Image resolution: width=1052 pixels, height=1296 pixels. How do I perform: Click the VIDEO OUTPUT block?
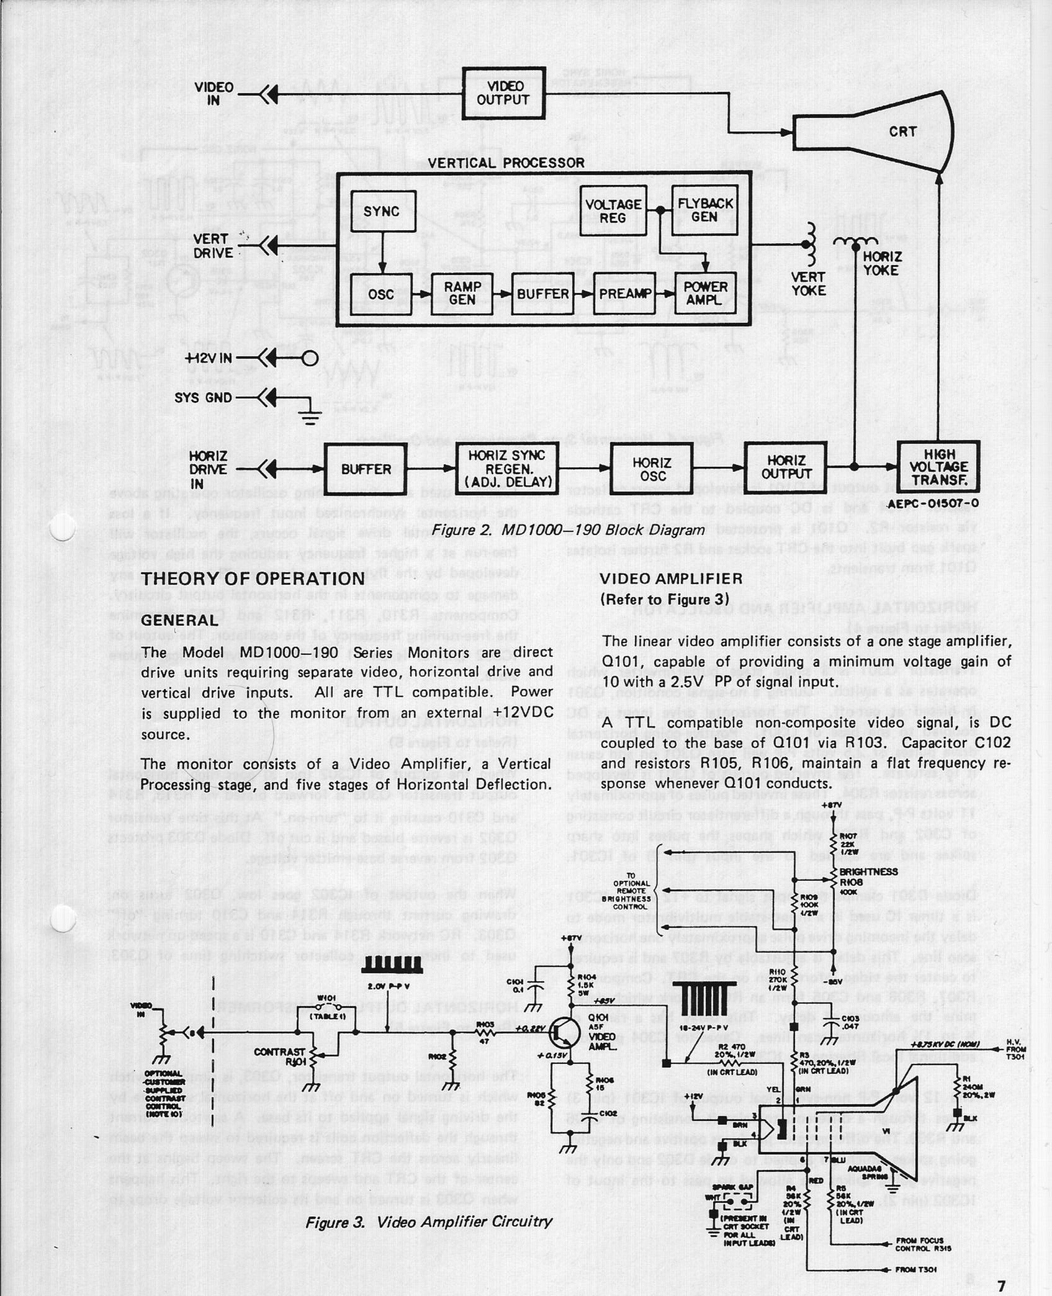pyautogui.click(x=503, y=93)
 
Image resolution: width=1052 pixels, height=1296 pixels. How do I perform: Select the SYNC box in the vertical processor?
pyautogui.click(x=382, y=212)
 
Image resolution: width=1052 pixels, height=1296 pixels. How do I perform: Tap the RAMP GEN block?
pyautogui.click(x=462, y=294)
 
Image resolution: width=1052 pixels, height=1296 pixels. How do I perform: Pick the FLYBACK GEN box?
pyautogui.click(x=704, y=210)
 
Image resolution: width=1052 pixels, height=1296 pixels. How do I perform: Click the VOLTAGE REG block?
pyautogui.click(x=613, y=211)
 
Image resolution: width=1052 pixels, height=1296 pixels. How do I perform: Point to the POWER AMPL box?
pyautogui.click(x=705, y=294)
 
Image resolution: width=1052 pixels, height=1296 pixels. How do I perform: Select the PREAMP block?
pyautogui.click(x=624, y=294)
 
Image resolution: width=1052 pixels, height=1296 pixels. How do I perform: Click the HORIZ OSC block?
pyautogui.click(x=652, y=469)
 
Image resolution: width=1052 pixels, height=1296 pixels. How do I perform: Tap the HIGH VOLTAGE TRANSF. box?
pyautogui.click(x=938, y=467)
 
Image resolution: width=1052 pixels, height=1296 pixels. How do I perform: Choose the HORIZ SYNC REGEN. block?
pyautogui.click(x=507, y=469)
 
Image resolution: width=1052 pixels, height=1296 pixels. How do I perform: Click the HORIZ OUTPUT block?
pyautogui.click(x=786, y=467)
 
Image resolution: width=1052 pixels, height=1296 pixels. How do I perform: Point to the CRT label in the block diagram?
pyautogui.click(x=902, y=132)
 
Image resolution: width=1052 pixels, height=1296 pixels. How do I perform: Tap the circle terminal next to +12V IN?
pyautogui.click(x=309, y=358)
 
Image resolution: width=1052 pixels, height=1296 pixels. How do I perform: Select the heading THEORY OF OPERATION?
pyautogui.click(x=253, y=578)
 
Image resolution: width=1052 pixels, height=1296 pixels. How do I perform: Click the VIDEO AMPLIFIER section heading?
pyautogui.click(x=671, y=578)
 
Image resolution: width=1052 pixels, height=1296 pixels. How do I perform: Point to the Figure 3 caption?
pyautogui.click(x=428, y=1222)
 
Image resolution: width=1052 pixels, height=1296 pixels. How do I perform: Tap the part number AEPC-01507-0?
pyautogui.click(x=933, y=503)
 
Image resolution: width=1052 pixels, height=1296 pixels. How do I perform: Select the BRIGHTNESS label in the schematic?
pyautogui.click(x=868, y=871)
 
